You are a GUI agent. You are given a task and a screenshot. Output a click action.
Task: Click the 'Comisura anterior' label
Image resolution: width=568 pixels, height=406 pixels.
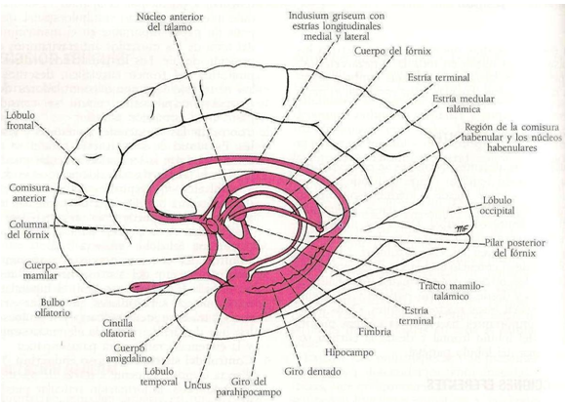click(x=29, y=190)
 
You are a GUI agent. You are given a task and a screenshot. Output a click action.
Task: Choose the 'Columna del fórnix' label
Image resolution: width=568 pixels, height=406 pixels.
click(x=29, y=229)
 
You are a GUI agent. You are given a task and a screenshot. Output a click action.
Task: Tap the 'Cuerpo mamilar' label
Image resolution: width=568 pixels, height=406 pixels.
click(x=29, y=269)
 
